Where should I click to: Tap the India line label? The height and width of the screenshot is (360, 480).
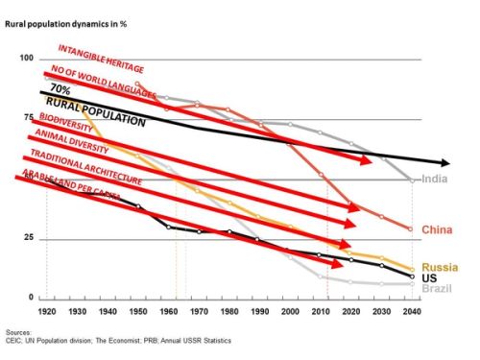[x=434, y=180]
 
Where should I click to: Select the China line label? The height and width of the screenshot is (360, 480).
[x=438, y=230]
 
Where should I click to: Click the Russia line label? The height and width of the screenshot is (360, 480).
[x=439, y=266]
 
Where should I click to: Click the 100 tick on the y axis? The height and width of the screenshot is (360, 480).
[x=25, y=60]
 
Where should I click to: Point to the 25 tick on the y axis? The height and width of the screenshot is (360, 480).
[x=28, y=238]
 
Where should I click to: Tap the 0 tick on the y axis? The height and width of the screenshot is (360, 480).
[x=31, y=298]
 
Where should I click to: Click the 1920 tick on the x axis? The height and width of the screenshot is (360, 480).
[x=46, y=311]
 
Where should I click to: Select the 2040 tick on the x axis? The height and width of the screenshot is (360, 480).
[x=411, y=311]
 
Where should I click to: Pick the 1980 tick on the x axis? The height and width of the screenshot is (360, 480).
[x=228, y=311]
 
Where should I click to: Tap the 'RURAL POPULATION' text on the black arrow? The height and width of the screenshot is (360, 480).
[x=109, y=111]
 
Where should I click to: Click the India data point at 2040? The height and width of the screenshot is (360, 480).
[x=412, y=180]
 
